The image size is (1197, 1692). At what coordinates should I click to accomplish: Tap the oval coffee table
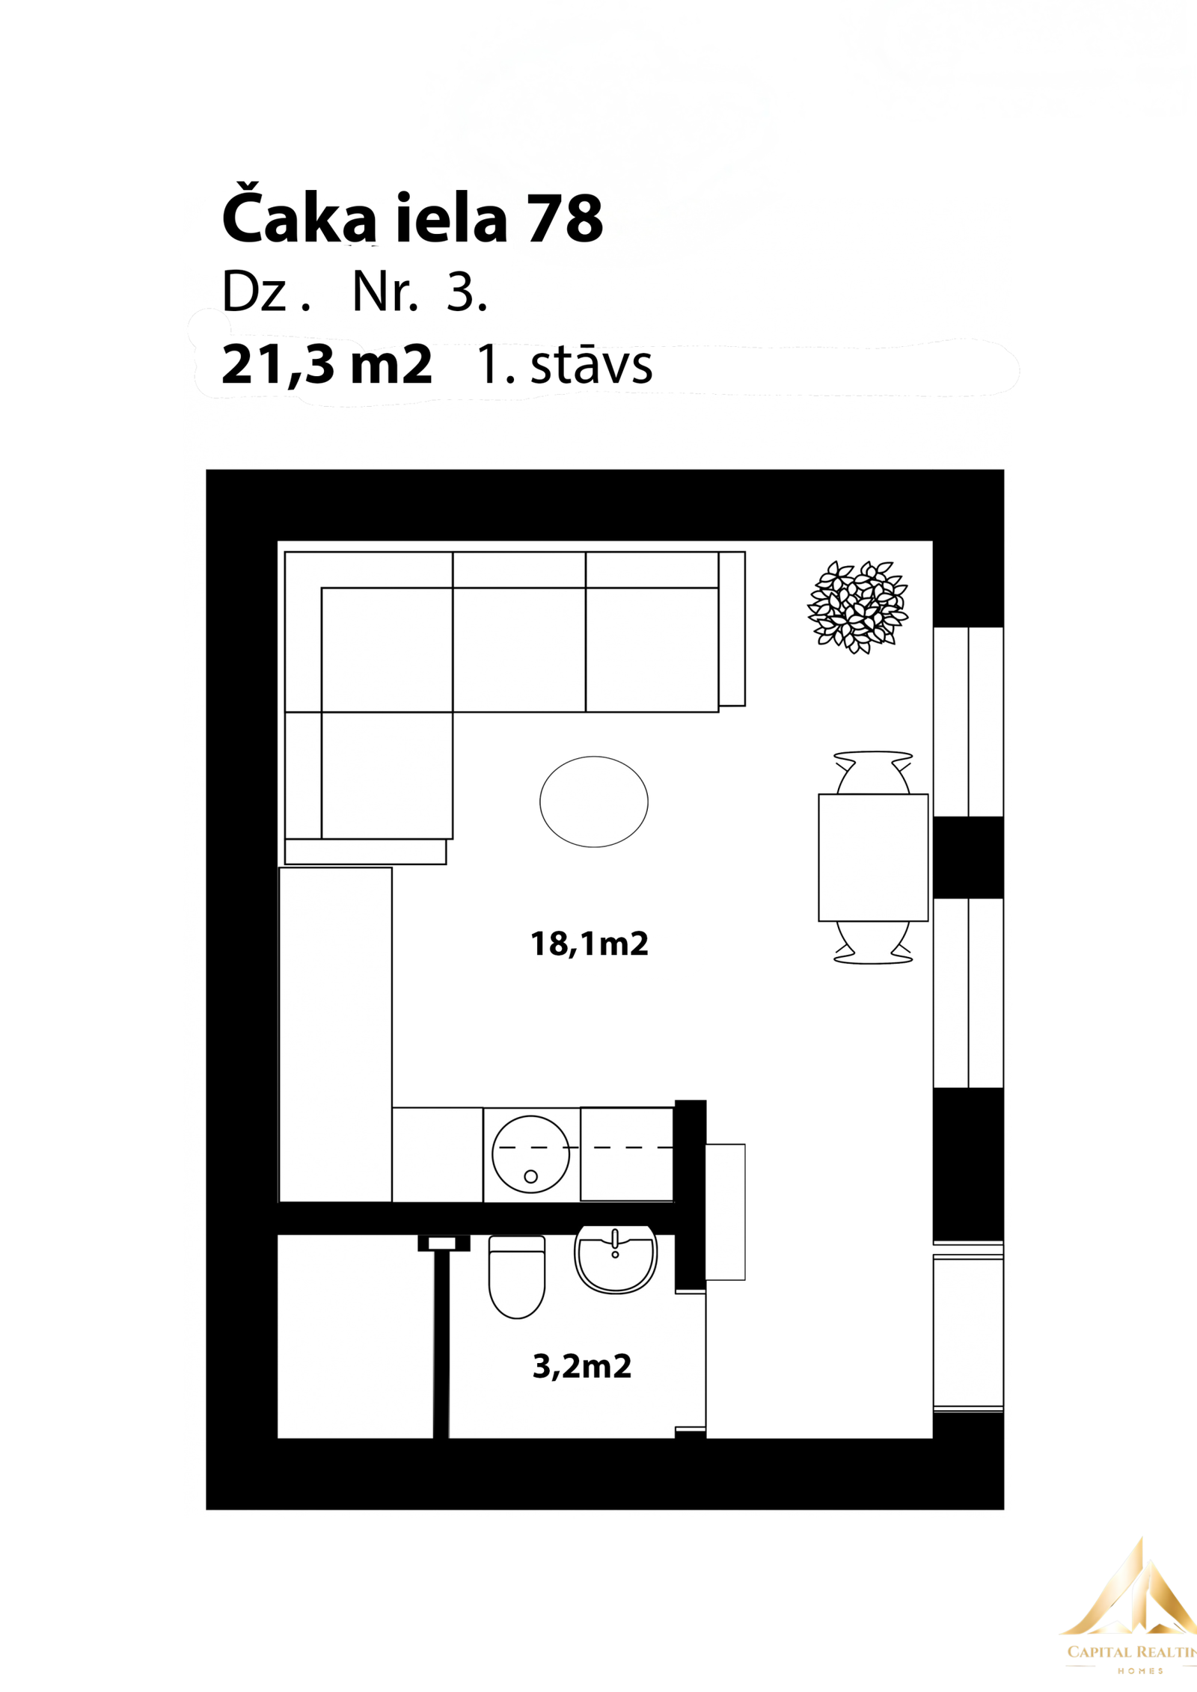[594, 802]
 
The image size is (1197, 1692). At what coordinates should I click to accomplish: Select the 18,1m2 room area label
[590, 944]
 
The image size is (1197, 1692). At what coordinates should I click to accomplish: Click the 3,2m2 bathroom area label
[582, 1366]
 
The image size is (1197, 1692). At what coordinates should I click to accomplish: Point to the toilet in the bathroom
[517, 1276]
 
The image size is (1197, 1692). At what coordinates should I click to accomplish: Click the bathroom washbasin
[616, 1261]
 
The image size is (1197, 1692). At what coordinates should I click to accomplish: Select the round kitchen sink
[530, 1154]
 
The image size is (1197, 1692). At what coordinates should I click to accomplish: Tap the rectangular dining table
[873, 858]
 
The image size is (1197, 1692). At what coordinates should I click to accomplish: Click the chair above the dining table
[873, 772]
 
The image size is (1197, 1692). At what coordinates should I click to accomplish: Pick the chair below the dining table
[873, 943]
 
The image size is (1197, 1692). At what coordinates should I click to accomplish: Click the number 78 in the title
[565, 219]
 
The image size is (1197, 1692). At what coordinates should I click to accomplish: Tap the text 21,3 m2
[327, 365]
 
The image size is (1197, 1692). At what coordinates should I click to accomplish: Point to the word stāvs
[591, 365]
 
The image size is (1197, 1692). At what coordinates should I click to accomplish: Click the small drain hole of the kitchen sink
[531, 1177]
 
